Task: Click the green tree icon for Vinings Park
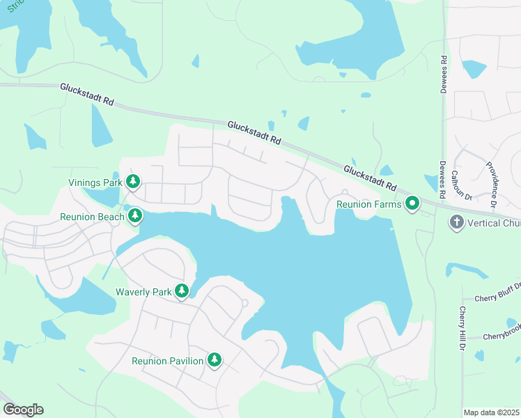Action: coord(133,183)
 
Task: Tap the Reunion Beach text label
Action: coord(92,217)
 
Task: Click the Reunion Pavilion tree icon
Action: coord(215,360)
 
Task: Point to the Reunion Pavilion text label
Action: coord(168,361)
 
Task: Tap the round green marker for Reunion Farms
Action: coord(412,204)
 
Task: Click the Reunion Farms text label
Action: coord(368,205)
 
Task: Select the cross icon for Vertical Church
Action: coord(456,222)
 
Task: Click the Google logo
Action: coord(23,410)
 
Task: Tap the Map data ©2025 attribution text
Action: coord(491,412)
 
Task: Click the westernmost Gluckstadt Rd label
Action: coord(87,94)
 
